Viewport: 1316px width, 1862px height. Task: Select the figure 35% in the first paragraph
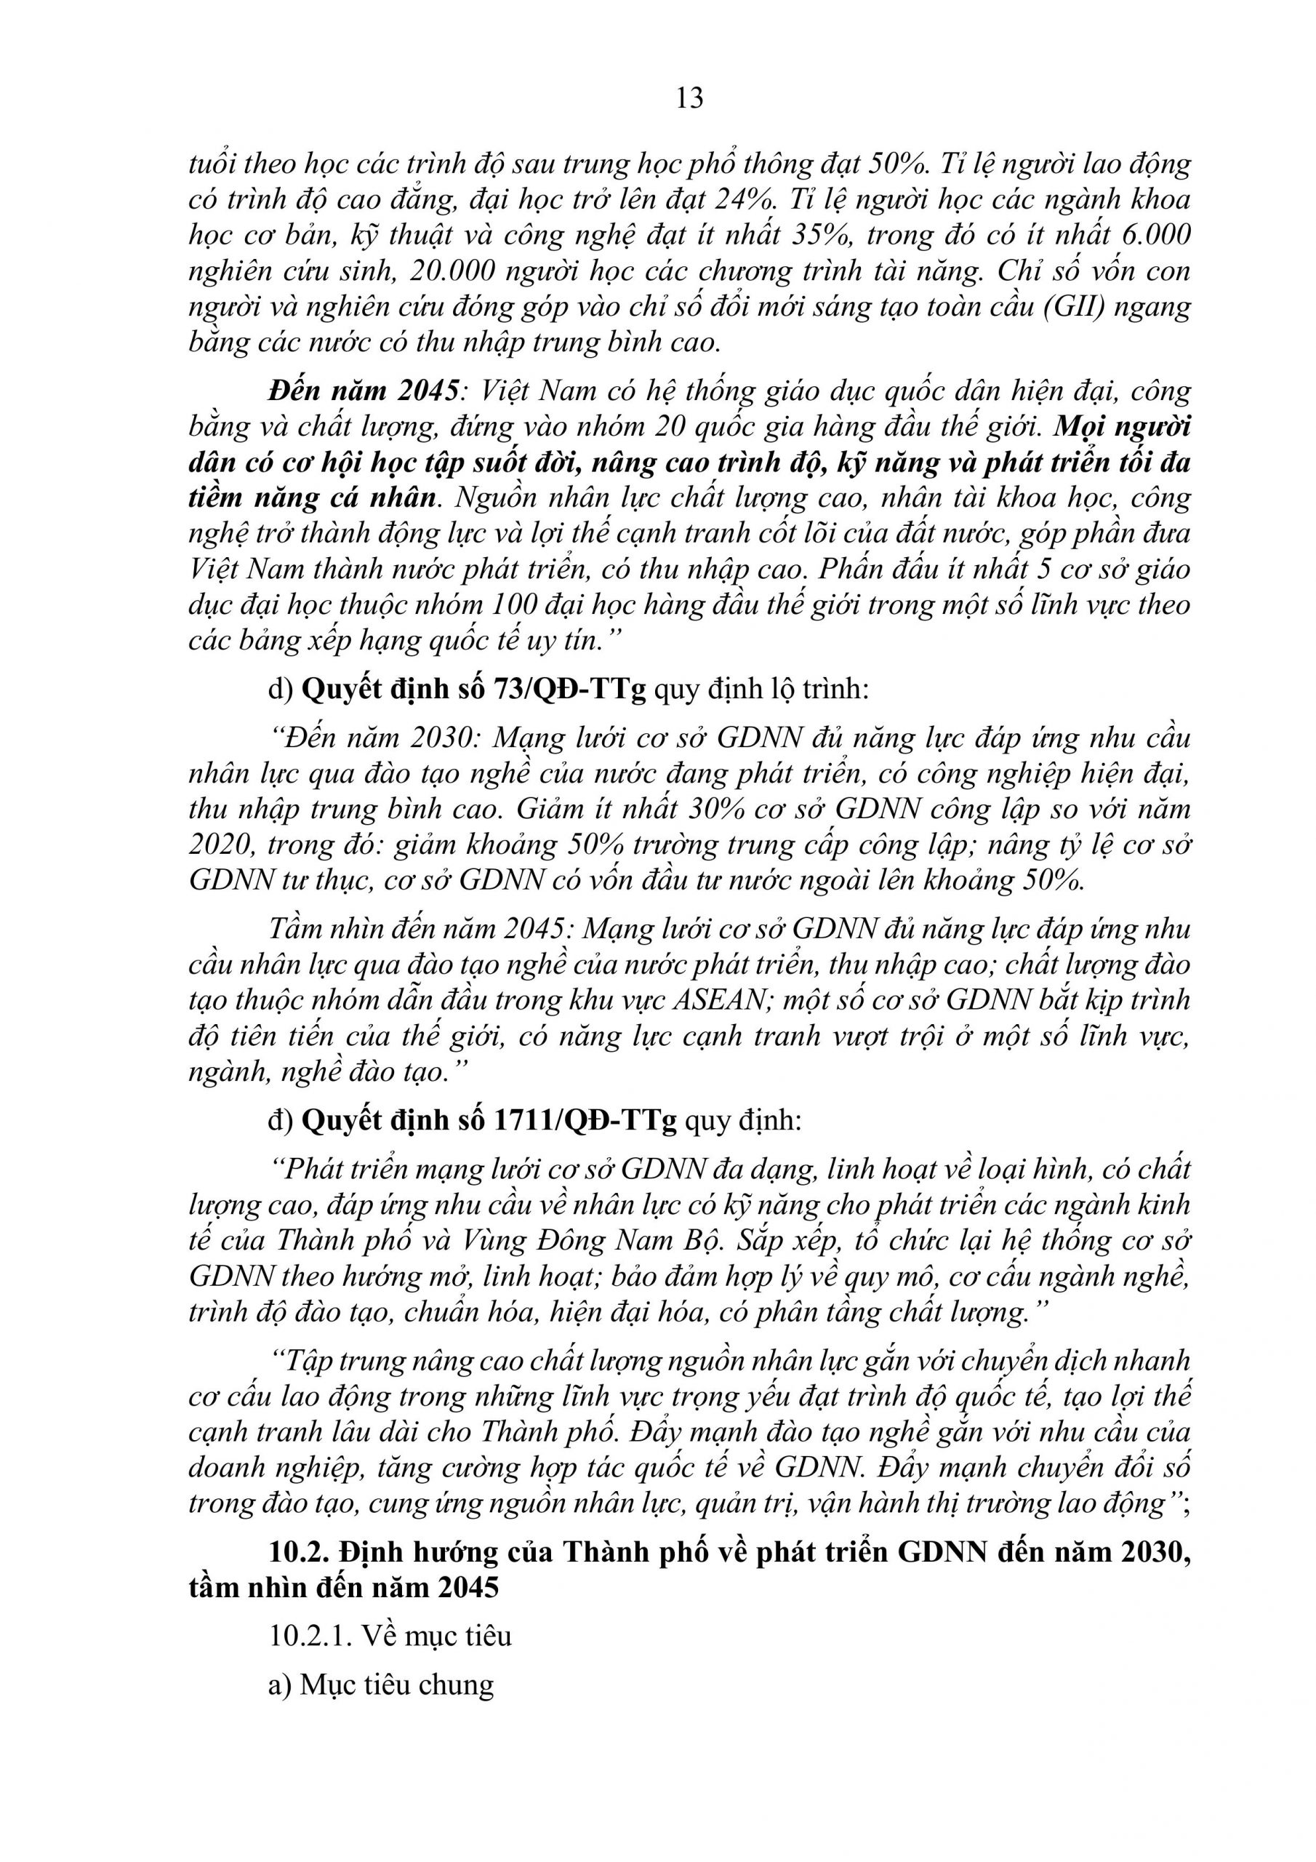819,235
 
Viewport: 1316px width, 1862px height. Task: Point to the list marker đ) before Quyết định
281,1121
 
